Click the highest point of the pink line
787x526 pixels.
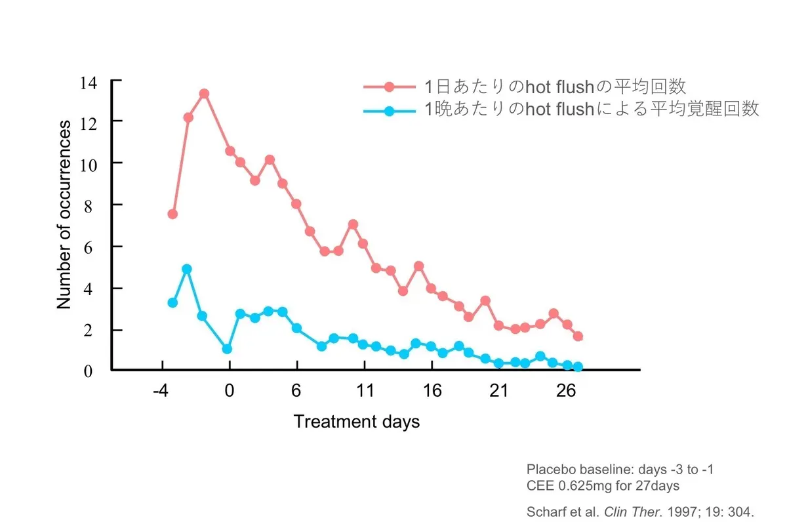coord(204,94)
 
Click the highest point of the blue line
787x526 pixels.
coord(187,269)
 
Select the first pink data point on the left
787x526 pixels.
coord(172,214)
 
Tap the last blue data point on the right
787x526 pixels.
coord(578,367)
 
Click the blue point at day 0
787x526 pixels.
coord(227,349)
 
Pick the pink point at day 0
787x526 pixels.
coord(230,151)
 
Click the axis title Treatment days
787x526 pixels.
coord(356,421)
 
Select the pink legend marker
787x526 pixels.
coord(390,87)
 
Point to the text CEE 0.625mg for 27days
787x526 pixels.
coord(603,486)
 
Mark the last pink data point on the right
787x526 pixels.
coord(578,336)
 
